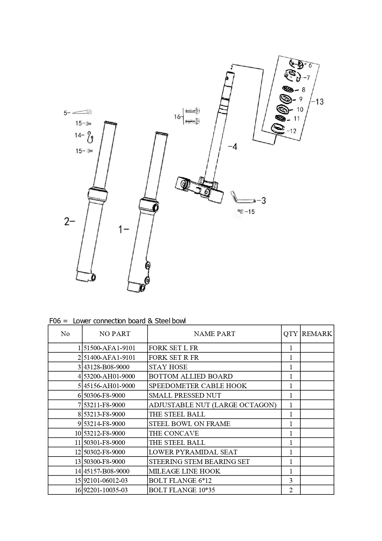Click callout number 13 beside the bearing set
[x=319, y=101]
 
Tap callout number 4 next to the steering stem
[x=234, y=147]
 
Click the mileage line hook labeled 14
[x=90, y=137]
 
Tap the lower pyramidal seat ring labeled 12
[x=279, y=129]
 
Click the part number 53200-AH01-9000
[x=109, y=376]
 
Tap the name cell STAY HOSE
[x=168, y=367]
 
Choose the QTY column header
[x=291, y=334]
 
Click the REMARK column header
[x=317, y=334]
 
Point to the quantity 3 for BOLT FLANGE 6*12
[x=291, y=480]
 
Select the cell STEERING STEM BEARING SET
[x=199, y=461]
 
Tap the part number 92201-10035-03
[x=106, y=490]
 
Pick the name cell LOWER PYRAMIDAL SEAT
[x=193, y=452]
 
